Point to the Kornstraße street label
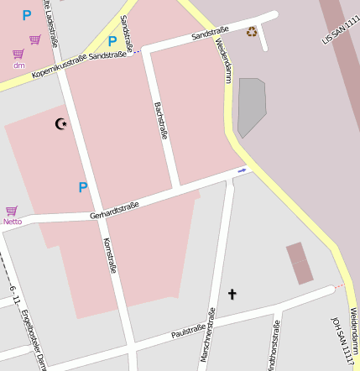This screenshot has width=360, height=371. pyautogui.click(x=108, y=255)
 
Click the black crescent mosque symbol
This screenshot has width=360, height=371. pyautogui.click(x=60, y=124)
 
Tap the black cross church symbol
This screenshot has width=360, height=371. pyautogui.click(x=232, y=294)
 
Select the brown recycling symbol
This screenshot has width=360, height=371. pyautogui.click(x=252, y=32)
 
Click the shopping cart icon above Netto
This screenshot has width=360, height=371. pyautogui.click(x=12, y=211)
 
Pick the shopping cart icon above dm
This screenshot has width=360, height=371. pyautogui.click(x=18, y=54)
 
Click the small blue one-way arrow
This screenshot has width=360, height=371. pyautogui.click(x=242, y=170)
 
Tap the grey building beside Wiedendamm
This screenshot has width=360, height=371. pyautogui.click(x=251, y=105)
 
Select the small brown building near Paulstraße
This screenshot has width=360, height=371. pyautogui.click(x=300, y=263)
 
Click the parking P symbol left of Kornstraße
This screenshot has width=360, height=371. pyautogui.click(x=82, y=187)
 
